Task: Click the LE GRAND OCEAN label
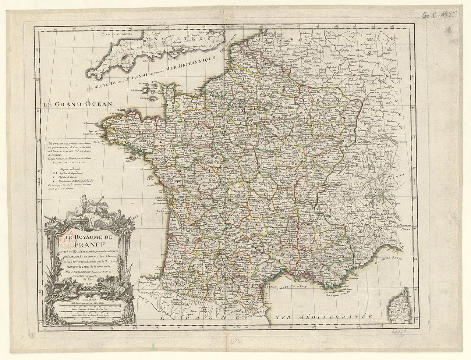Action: click(77, 104)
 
